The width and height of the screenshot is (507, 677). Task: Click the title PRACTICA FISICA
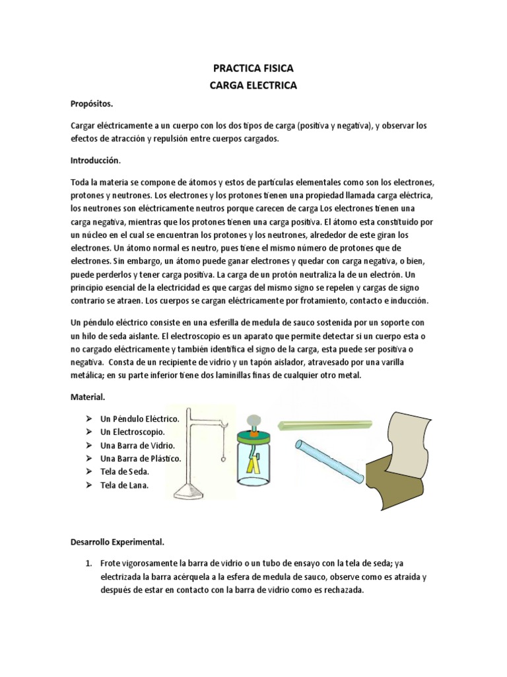click(x=253, y=68)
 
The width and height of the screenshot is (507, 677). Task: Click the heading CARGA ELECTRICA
click(x=253, y=85)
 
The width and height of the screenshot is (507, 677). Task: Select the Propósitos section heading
click(x=92, y=104)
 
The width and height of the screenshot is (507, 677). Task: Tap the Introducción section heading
click(x=96, y=160)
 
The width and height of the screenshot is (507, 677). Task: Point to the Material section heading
click(x=88, y=397)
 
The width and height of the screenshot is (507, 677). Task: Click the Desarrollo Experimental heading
click(x=117, y=541)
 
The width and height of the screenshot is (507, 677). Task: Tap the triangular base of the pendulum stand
click(x=195, y=489)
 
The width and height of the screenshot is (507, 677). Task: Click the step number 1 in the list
click(x=88, y=563)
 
